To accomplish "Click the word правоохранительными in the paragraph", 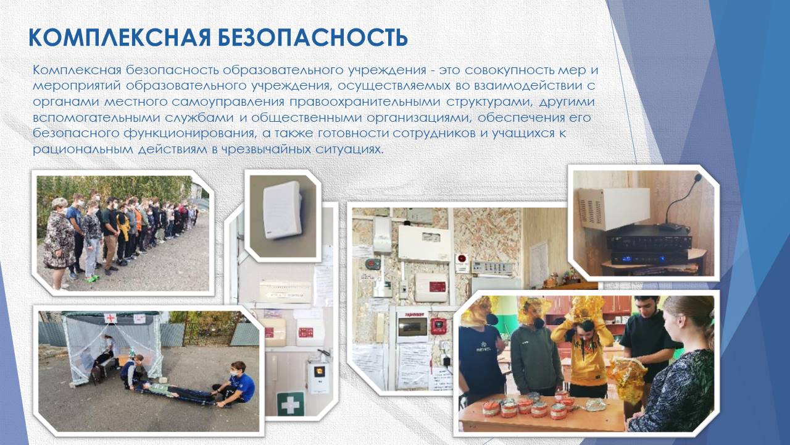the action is (365, 103).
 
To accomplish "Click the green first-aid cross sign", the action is (290, 404).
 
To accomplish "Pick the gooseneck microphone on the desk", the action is (683, 201).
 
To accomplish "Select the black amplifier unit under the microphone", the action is (647, 245).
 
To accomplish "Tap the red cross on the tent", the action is (110, 318).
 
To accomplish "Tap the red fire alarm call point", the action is (438, 325).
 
